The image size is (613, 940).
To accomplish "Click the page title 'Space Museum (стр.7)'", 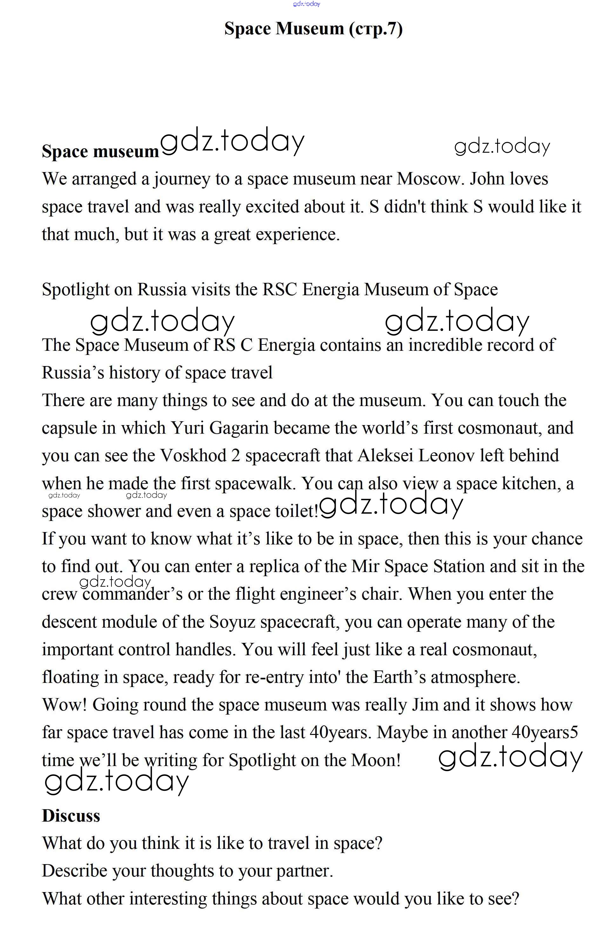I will click(x=313, y=29).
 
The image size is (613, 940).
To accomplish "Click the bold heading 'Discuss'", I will click(x=71, y=816).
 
